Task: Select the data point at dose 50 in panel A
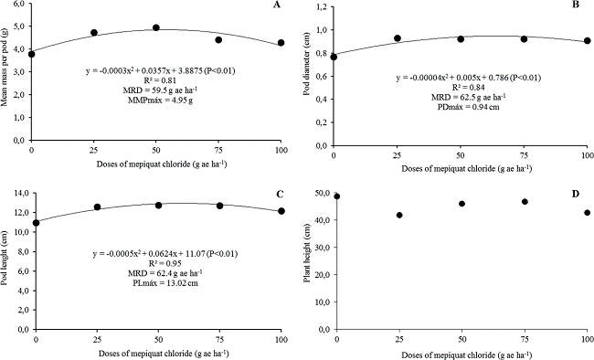point(156,27)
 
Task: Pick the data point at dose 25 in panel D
point(399,215)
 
